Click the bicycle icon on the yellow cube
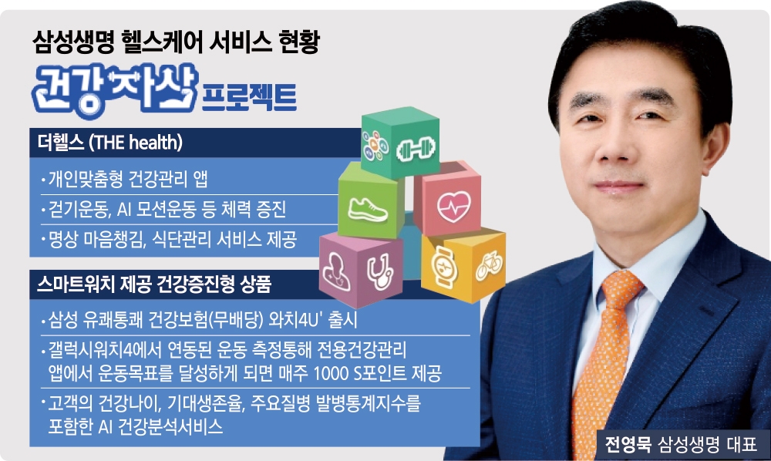(x=486, y=265)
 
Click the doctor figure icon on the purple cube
(x=339, y=266)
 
